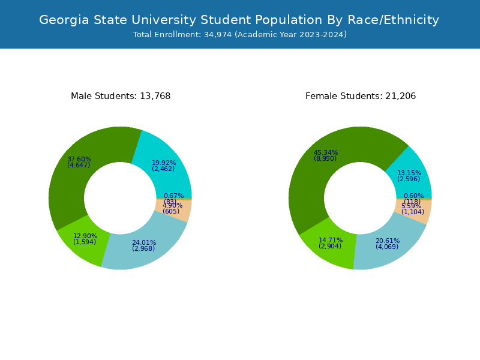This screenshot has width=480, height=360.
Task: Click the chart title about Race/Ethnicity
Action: [239, 20]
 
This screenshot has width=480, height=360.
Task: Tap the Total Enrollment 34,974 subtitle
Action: [239, 35]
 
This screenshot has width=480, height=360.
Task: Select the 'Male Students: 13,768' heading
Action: [121, 96]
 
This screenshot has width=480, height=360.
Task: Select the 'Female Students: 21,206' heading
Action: [361, 96]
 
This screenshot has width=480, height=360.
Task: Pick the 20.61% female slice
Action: [387, 246]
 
